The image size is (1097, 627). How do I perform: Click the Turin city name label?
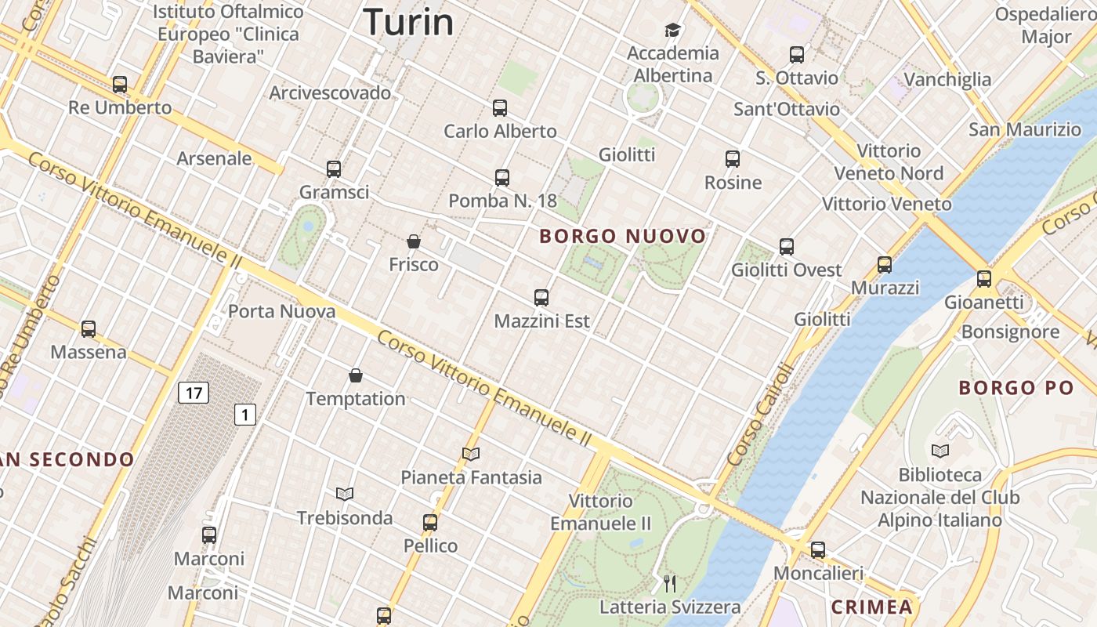408,22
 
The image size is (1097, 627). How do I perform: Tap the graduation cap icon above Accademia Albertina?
672,31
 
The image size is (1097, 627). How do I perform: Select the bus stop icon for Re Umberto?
120,84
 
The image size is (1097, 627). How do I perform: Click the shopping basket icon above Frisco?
414,241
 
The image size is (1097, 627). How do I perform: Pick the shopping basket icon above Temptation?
356,375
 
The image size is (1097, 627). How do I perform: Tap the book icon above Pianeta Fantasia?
471,454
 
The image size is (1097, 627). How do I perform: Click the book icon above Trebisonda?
345,494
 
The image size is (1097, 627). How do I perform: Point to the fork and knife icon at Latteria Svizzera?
670,583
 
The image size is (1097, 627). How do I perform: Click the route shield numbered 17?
194,392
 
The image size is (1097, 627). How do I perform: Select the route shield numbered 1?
245,414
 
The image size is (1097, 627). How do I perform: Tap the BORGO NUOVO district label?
623,236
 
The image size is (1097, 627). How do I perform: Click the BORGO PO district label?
1016,387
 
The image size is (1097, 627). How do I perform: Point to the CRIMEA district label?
872,607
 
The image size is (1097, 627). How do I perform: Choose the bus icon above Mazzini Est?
541,298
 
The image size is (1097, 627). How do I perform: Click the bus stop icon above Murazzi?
885,265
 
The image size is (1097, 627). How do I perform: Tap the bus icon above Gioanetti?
983,278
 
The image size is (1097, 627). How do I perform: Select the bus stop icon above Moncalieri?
818,550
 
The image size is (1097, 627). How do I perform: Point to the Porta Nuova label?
281,311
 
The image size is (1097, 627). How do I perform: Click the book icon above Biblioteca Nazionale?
940,451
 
